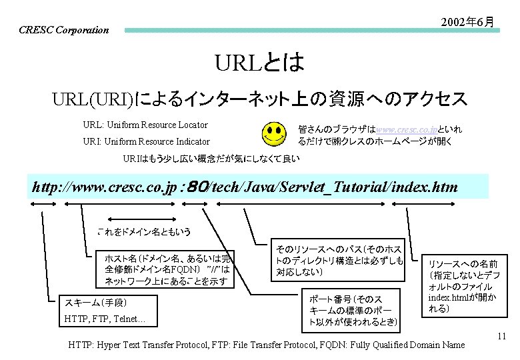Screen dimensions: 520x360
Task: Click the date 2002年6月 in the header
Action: click(x=467, y=22)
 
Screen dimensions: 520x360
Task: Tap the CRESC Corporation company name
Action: click(x=64, y=30)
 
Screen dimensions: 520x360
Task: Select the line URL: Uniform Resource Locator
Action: click(x=145, y=125)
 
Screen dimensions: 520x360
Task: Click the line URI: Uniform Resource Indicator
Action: click(x=146, y=141)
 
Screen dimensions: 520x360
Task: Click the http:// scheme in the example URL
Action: click(x=51, y=187)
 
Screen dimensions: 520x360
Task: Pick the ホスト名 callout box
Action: click(x=167, y=269)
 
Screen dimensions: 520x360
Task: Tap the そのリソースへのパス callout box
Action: click(x=339, y=259)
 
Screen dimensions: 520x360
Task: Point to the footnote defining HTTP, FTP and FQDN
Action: click(x=267, y=345)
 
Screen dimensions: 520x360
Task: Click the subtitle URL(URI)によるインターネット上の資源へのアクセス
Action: click(x=260, y=100)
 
